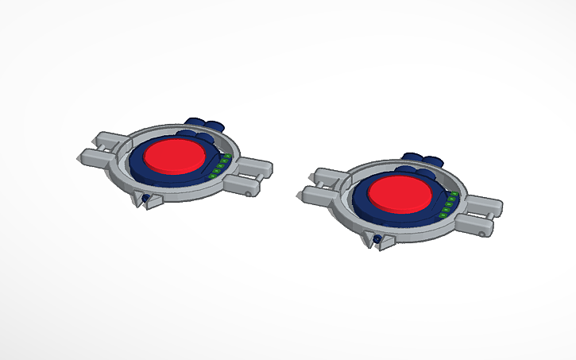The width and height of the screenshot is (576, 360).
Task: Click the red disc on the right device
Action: tap(401, 193)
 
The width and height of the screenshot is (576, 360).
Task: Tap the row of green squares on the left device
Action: tap(220, 165)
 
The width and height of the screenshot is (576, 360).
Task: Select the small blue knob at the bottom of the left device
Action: tap(145, 198)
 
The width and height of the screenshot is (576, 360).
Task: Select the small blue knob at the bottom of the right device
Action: tap(377, 238)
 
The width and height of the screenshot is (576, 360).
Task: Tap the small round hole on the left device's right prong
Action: tap(249, 192)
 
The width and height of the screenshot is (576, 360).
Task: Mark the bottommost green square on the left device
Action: tap(212, 176)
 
